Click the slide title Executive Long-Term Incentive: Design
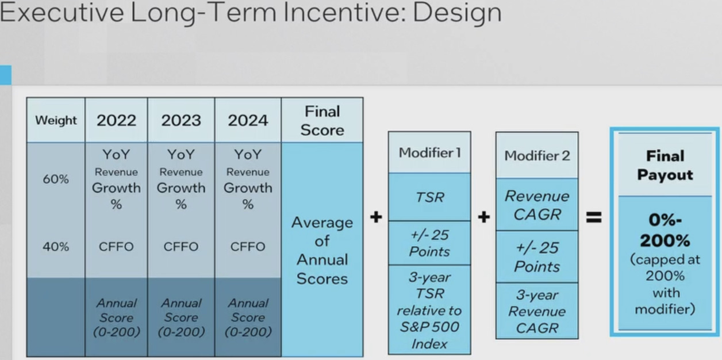[251, 13]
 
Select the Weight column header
[56, 120]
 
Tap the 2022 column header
[116, 121]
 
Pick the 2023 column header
[181, 121]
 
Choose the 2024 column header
[248, 121]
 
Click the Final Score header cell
[322, 121]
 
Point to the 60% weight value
[56, 179]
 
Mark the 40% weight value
[56, 247]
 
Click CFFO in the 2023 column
[181, 247]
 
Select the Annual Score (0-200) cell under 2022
[116, 317]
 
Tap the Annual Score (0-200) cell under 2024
[248, 317]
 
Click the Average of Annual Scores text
[322, 250]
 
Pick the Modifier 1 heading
[429, 152]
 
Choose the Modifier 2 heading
[537, 156]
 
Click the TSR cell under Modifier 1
[429, 197]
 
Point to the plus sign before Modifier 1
[376, 217]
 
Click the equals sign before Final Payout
[594, 217]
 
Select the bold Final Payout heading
[665, 166]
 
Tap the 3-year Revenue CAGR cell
[537, 311]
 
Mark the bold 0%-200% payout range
[665, 231]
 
